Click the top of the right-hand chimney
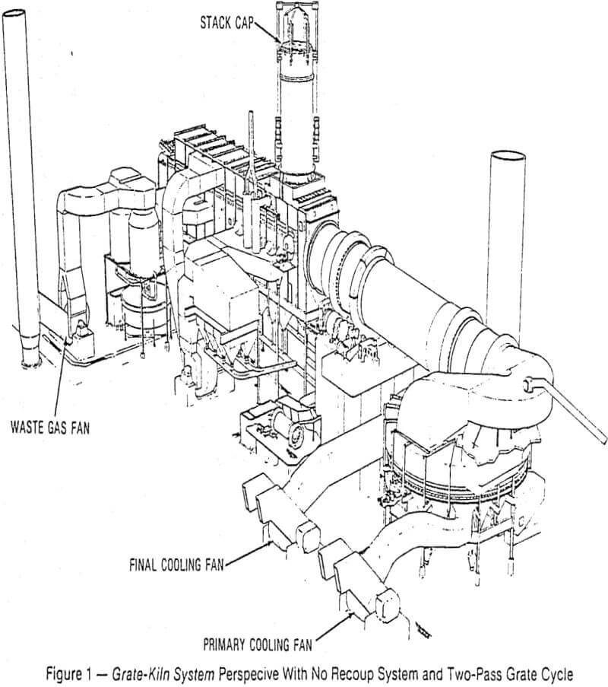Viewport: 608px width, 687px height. click(x=507, y=157)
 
